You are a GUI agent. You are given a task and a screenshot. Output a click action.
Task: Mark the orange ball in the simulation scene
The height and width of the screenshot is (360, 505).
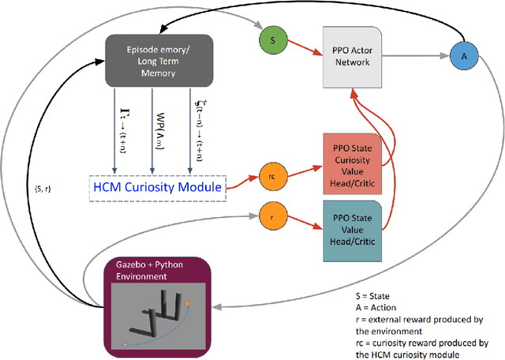188,302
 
